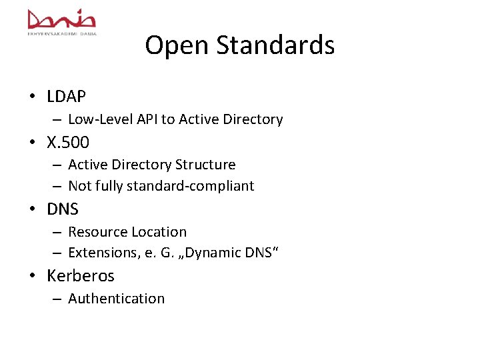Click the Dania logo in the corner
pos(62,21)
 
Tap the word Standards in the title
pos(272,45)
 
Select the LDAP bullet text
pos(67,97)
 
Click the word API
pos(147,119)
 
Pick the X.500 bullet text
pos(68,142)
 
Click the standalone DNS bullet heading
pos(63,209)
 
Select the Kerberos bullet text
pos(81,275)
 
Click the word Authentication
pos(116,299)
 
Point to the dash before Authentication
pos(59,299)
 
